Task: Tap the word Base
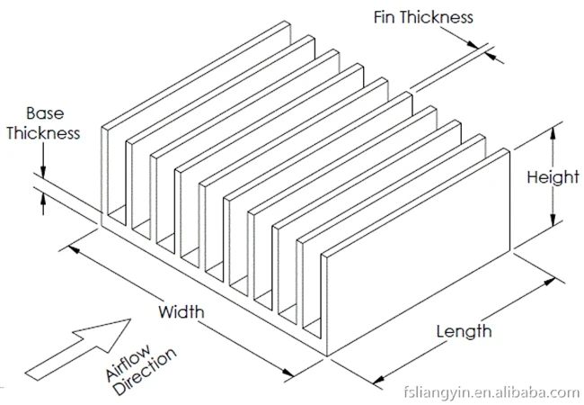click(43, 113)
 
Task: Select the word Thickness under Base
click(43, 133)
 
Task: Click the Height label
click(553, 176)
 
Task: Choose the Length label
click(464, 331)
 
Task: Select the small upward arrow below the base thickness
click(42, 204)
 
